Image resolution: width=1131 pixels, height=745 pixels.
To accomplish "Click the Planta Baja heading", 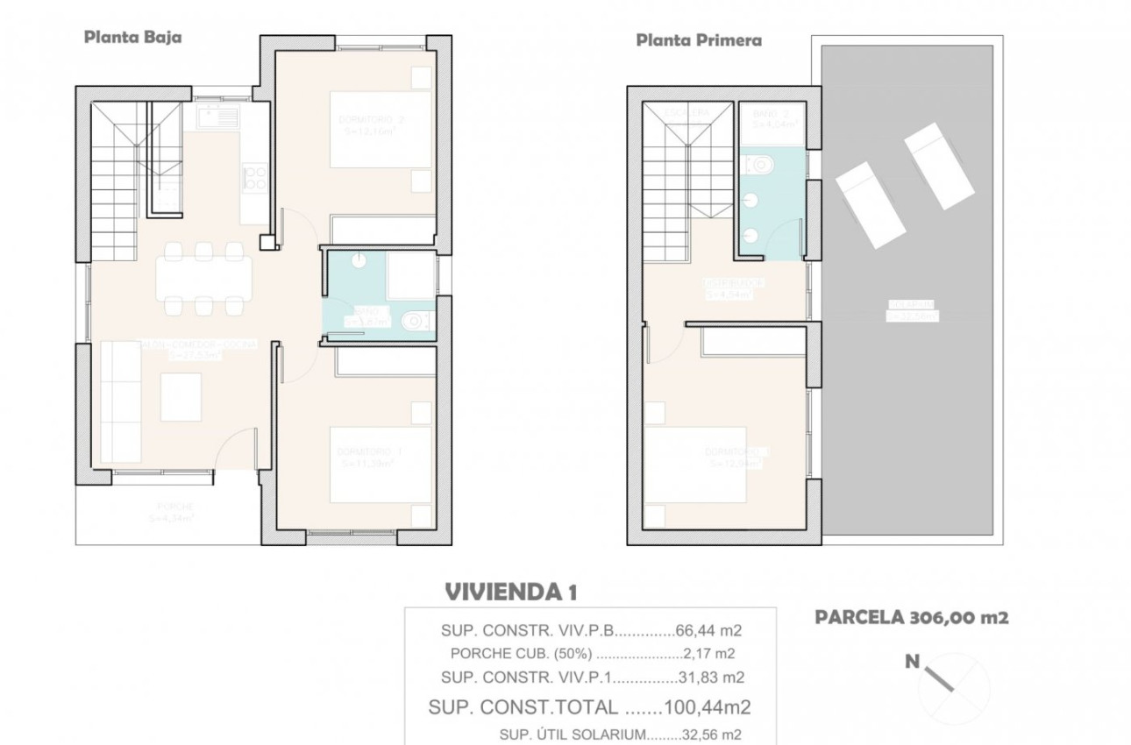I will tap(132, 37).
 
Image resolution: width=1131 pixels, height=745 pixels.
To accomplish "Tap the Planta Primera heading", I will tap(698, 39).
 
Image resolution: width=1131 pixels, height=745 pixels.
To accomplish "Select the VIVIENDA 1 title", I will tap(511, 592).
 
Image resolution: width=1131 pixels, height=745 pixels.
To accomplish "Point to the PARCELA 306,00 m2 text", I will tap(912, 617).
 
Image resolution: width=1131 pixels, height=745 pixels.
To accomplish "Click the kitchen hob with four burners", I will tap(255, 179).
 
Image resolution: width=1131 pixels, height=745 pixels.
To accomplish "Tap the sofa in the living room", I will tap(121, 401).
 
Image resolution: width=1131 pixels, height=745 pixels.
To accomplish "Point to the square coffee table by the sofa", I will tap(181, 396).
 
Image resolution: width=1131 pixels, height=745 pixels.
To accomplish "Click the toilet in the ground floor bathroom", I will tap(415, 323).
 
